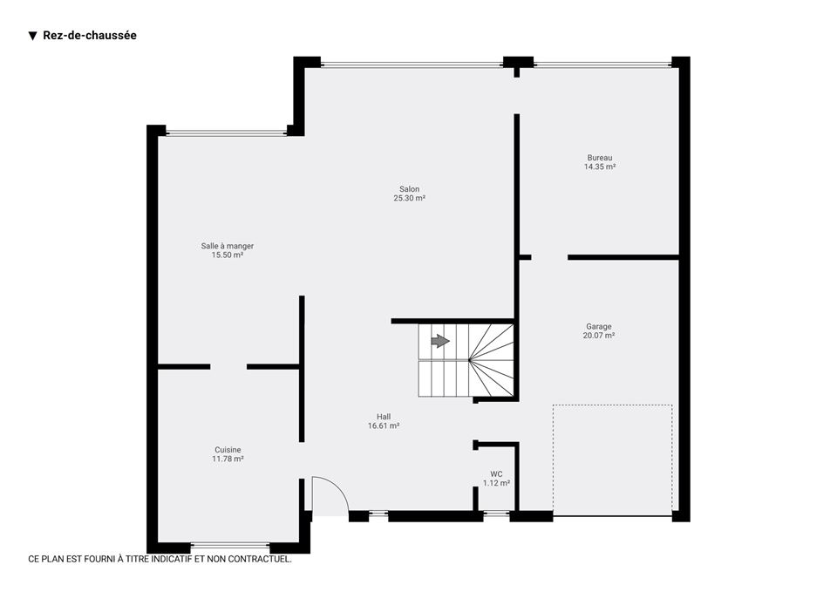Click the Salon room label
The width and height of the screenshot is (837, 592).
[x=410, y=189]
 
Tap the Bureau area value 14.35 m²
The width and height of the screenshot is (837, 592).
[x=600, y=167]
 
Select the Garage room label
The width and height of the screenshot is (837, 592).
[x=599, y=326]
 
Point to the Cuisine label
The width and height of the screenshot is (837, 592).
[x=228, y=450]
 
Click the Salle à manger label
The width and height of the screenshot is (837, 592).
[x=228, y=246]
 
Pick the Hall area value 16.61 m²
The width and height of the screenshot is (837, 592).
[x=384, y=426]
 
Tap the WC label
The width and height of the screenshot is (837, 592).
[x=496, y=474]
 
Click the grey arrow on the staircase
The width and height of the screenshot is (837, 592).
[x=440, y=341]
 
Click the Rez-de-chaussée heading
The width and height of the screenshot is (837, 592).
[x=90, y=35]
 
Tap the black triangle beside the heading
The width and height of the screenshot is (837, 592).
[x=33, y=36]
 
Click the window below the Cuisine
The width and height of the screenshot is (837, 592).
[x=230, y=546]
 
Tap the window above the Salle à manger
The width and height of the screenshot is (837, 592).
[x=227, y=133]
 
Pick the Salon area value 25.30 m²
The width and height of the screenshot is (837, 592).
[x=410, y=198]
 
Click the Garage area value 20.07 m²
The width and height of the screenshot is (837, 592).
[x=599, y=336]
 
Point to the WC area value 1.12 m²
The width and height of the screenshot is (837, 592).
[x=496, y=483]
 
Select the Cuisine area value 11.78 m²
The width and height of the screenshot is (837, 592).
[x=228, y=459]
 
